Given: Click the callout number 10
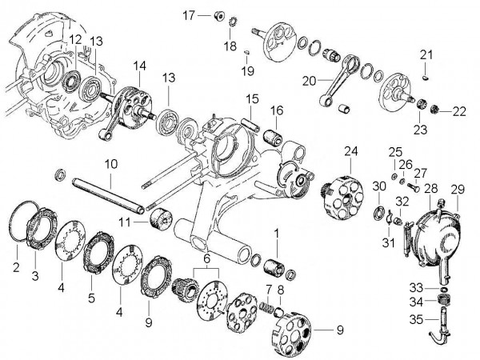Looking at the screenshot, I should pos(110,163).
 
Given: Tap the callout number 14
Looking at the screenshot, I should pos(140,66).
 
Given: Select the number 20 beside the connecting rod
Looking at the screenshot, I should pos(307,80).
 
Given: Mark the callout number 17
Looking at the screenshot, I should pos(189,15).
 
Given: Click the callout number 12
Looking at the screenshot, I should pos(74,40).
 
